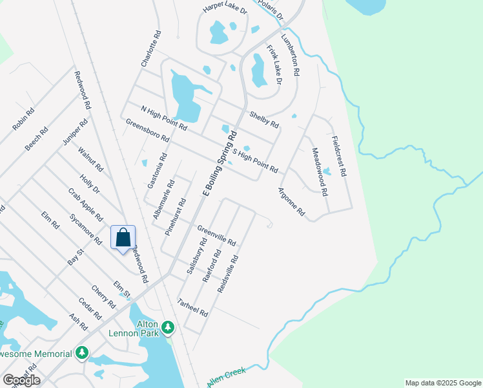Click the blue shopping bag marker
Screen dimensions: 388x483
(123, 238)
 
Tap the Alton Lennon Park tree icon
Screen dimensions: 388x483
(168, 328)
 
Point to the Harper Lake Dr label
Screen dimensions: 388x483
(225, 8)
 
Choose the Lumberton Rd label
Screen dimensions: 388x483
(290, 56)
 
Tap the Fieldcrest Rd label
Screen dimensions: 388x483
(339, 156)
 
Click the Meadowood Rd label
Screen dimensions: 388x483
(320, 172)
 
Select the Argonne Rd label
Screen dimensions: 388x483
(291, 202)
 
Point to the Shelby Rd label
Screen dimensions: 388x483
(264, 120)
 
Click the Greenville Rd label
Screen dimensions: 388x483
(217, 235)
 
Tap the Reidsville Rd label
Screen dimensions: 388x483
(228, 274)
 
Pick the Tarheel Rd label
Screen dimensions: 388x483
(192, 307)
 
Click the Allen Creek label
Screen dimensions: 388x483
(227, 376)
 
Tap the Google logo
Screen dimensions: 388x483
(21, 380)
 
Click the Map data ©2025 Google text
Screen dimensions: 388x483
(442, 383)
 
